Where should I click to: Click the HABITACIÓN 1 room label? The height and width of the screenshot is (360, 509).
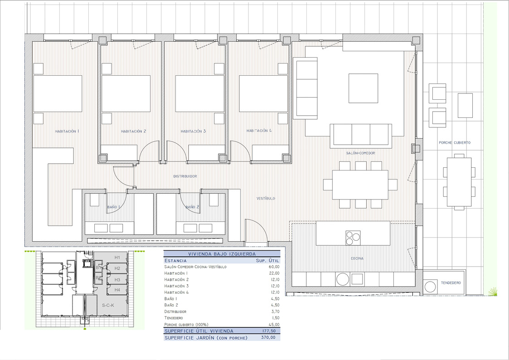(67, 131)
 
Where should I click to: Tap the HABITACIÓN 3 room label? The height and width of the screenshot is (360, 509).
(193, 131)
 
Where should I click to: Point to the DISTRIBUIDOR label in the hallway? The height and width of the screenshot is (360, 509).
(185, 176)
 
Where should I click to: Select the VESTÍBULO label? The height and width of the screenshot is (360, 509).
(266, 198)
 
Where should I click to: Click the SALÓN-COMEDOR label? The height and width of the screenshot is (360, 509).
(360, 153)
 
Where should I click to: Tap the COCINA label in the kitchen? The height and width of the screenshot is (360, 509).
(357, 259)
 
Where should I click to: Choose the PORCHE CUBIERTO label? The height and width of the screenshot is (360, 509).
(455, 143)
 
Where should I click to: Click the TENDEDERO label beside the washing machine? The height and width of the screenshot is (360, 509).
(451, 283)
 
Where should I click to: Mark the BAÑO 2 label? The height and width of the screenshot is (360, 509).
(193, 207)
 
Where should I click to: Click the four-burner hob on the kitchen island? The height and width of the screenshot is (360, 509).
(353, 238)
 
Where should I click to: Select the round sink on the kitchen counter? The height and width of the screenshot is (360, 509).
(343, 279)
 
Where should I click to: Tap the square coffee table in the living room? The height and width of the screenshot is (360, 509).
(363, 88)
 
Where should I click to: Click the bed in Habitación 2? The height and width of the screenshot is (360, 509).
(126, 94)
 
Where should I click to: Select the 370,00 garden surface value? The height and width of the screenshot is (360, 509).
(268, 338)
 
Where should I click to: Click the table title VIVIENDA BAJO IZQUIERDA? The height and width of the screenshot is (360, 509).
(222, 254)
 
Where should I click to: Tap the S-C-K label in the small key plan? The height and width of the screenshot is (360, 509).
(108, 306)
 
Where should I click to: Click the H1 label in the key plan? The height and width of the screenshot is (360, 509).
(117, 258)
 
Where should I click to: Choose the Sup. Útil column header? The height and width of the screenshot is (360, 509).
(267, 261)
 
